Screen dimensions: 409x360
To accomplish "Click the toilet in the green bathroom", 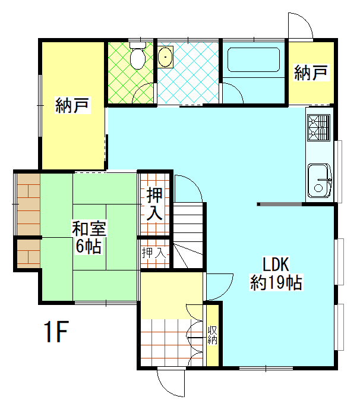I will tap(138, 57).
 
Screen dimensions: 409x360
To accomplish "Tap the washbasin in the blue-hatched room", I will tap(166, 58).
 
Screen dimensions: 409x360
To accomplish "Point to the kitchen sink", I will tap(320, 180).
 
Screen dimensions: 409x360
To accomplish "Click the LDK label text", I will tap(276, 263).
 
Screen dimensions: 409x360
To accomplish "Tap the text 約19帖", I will tap(276, 282).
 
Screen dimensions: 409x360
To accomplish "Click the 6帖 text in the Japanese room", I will tap(88, 246).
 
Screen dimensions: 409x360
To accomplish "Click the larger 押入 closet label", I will tap(156, 203).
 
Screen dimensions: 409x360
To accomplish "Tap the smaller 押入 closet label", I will tap(154, 252).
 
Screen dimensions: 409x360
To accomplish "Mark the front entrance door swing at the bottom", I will tap(172, 383).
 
